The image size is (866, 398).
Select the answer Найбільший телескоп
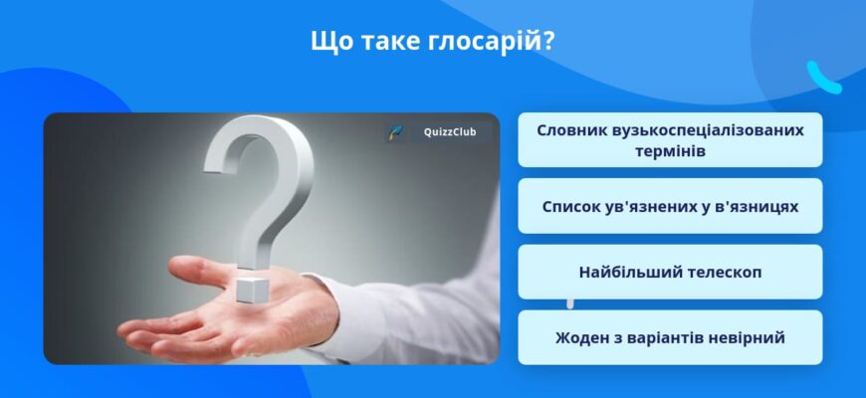tap(670, 272)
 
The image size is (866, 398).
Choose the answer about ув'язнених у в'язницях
tap(670, 206)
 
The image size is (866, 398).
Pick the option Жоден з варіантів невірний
tap(670, 337)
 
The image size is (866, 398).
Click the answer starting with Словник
tap(670, 139)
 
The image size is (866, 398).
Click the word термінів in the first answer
tap(670, 151)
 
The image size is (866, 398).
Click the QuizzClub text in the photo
tap(450, 133)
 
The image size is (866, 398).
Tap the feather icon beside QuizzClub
tap(395, 133)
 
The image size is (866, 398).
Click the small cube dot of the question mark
tap(251, 290)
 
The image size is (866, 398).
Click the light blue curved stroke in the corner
tap(823, 77)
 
